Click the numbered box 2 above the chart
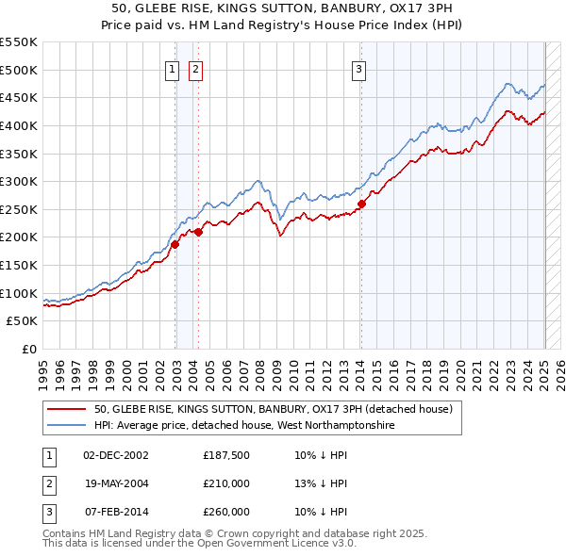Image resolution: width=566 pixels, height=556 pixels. (x=195, y=68)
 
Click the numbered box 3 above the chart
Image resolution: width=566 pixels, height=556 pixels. (x=359, y=68)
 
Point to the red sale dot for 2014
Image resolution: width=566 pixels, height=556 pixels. (x=361, y=204)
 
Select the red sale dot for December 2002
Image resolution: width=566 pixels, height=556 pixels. (x=175, y=244)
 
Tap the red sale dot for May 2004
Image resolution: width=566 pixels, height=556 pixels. (x=199, y=232)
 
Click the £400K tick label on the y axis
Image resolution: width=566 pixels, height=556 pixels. (x=19, y=125)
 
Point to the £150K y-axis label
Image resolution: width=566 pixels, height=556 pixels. (x=19, y=265)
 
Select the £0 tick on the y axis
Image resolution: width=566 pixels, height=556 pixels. (x=28, y=349)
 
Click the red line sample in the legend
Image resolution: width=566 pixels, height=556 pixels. (x=66, y=409)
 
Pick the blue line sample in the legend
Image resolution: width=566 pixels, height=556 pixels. (x=66, y=426)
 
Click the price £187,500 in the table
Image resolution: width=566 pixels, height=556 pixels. (x=226, y=455)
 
